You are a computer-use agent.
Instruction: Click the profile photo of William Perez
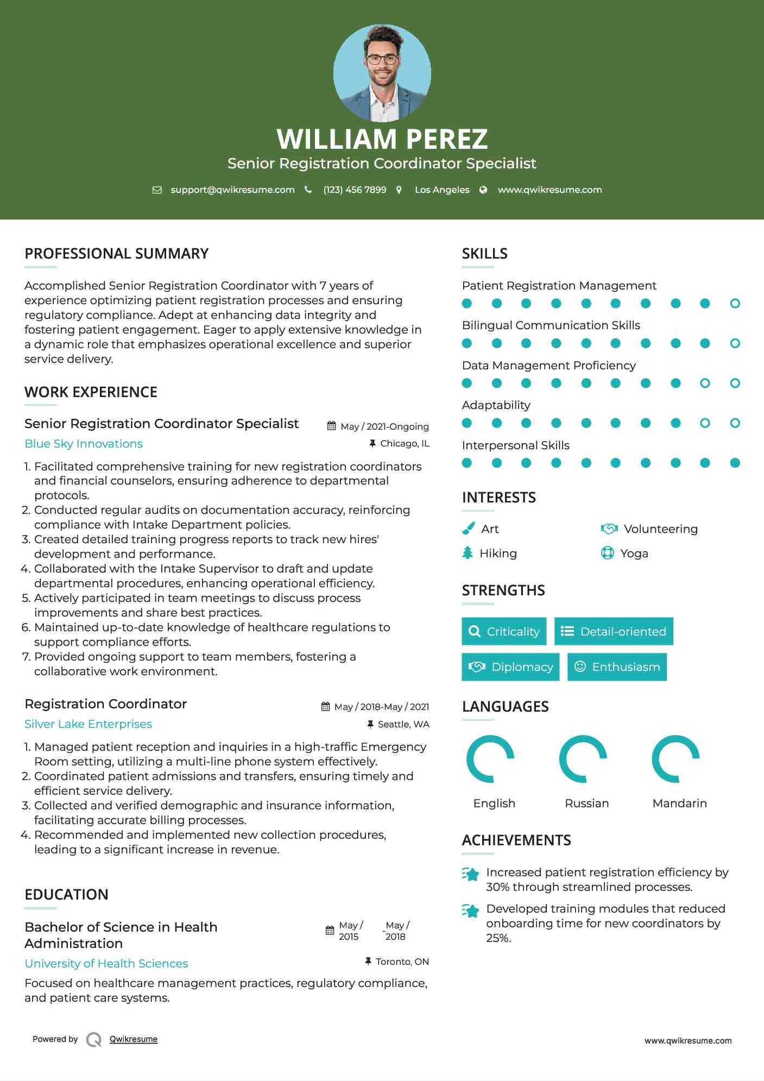(x=382, y=73)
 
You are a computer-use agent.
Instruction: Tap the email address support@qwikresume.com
(x=232, y=190)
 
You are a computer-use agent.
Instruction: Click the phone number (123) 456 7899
(x=355, y=190)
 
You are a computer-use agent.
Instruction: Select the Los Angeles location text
(x=441, y=190)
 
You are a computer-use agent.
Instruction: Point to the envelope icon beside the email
(x=157, y=190)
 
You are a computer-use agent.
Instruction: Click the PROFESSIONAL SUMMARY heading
(x=116, y=254)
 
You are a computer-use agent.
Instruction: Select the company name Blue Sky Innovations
(x=84, y=444)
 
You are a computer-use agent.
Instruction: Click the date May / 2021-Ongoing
(x=384, y=426)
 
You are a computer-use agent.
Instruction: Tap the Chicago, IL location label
(x=405, y=444)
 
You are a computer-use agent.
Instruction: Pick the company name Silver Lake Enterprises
(x=88, y=724)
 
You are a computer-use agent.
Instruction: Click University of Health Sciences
(x=106, y=964)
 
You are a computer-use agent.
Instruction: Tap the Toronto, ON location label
(x=402, y=961)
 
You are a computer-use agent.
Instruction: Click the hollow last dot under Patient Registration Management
(x=735, y=304)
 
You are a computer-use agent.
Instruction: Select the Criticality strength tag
(x=504, y=631)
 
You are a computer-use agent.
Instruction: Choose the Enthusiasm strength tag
(x=617, y=667)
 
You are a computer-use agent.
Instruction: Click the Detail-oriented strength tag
(x=614, y=631)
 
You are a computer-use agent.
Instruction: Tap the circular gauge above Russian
(x=583, y=759)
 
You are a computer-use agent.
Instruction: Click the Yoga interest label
(x=634, y=554)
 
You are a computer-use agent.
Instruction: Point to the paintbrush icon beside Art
(x=468, y=529)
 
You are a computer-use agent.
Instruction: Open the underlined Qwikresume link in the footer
(x=134, y=1039)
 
